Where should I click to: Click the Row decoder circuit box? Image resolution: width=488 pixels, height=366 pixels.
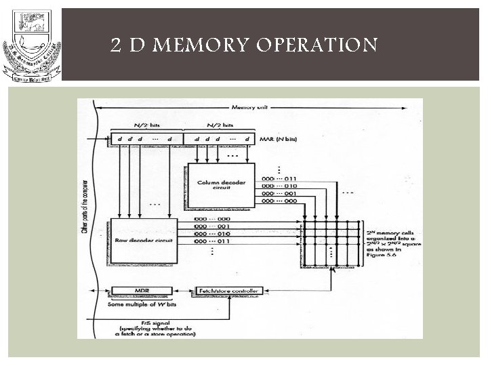143,239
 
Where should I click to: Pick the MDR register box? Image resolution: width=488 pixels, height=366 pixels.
142,291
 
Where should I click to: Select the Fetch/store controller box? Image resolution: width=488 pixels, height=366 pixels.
228,291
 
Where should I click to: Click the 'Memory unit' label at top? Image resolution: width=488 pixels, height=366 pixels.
251,108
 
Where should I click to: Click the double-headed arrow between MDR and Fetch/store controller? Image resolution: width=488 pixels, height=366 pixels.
185,291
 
